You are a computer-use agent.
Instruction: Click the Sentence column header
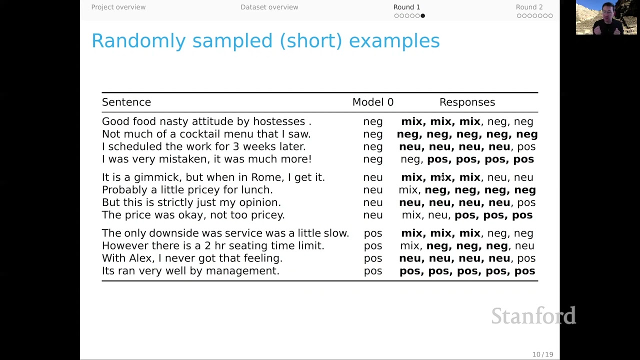pyautogui.click(x=126, y=102)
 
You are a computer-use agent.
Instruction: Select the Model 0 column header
pyautogui.click(x=372, y=102)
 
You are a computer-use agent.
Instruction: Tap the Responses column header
pyautogui.click(x=467, y=102)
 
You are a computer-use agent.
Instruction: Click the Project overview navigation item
pyautogui.click(x=118, y=7)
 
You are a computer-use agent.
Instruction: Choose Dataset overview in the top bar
pyautogui.click(x=269, y=7)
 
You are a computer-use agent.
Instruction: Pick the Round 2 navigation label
pyautogui.click(x=529, y=7)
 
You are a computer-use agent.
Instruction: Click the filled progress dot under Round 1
pyautogui.click(x=422, y=16)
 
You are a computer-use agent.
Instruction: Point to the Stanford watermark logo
pyautogui.click(x=533, y=316)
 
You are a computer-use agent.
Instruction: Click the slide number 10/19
pyautogui.click(x=542, y=354)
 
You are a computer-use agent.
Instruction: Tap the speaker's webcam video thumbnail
pyautogui.click(x=606, y=17)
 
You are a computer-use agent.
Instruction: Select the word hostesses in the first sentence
pyautogui.click(x=279, y=121)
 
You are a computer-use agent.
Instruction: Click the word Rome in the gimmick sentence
pyautogui.click(x=266, y=177)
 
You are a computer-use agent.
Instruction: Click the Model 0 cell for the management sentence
pyautogui.click(x=372, y=271)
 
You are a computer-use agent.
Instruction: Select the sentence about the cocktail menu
pyautogui.click(x=206, y=134)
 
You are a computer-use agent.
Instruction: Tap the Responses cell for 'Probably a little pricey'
pyautogui.click(x=467, y=190)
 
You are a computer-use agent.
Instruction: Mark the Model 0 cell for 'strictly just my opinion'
pyautogui.click(x=372, y=202)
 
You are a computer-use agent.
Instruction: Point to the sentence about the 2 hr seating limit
pyautogui.click(x=213, y=246)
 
